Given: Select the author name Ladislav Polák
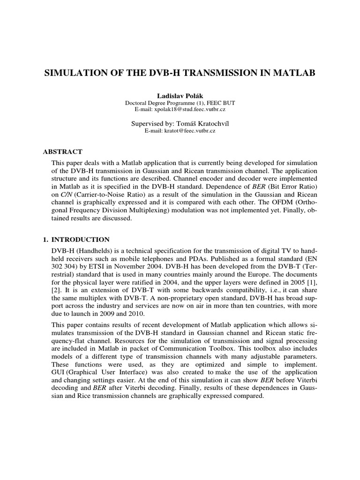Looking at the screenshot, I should tap(180, 95).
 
